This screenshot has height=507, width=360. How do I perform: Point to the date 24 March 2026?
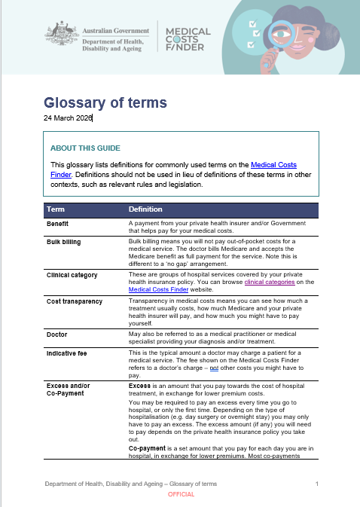click(x=68, y=118)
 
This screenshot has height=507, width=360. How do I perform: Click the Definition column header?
click(x=145, y=209)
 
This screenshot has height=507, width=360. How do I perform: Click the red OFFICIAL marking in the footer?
click(x=181, y=494)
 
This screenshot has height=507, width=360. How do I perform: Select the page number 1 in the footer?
click(x=317, y=483)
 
